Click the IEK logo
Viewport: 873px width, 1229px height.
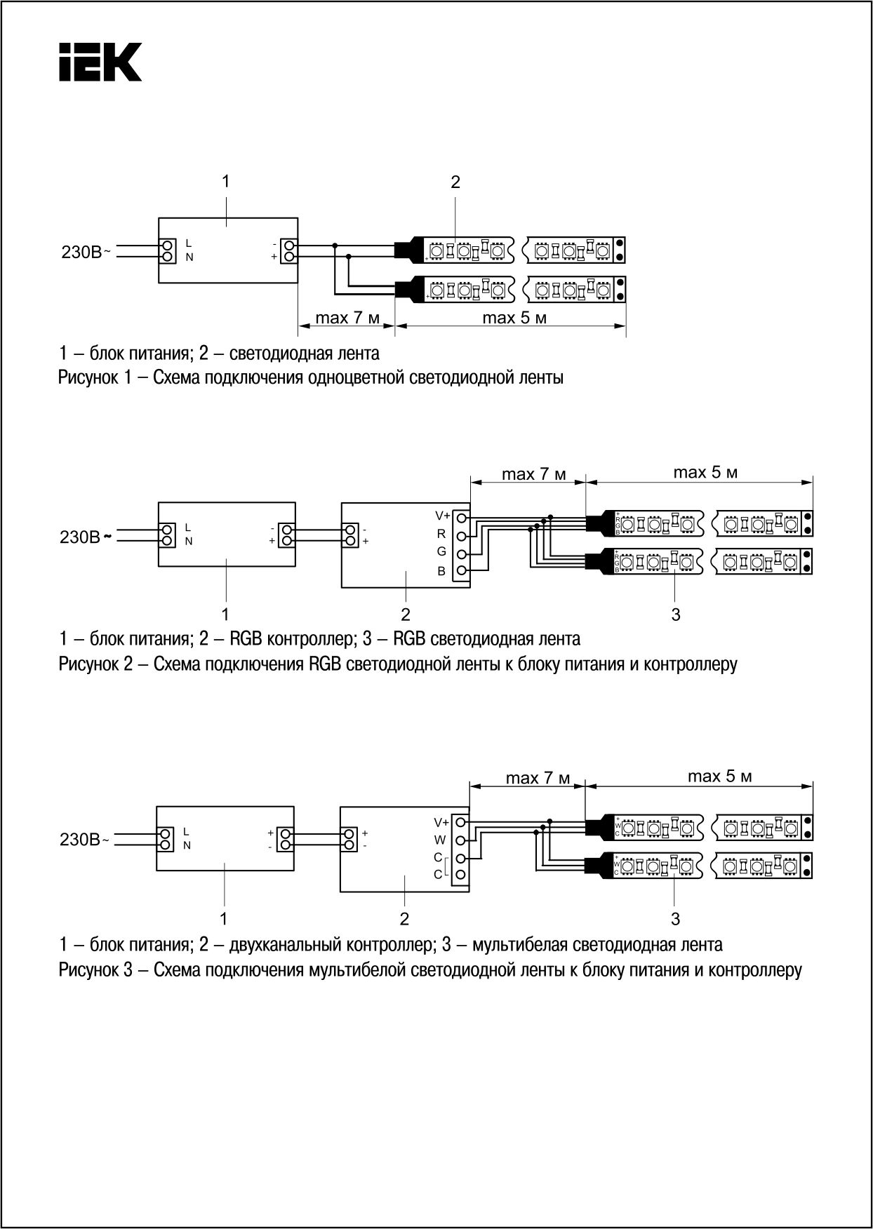click(100, 62)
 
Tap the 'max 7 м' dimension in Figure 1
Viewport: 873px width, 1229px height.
click(347, 318)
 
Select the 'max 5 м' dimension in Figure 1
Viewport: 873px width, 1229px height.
click(514, 318)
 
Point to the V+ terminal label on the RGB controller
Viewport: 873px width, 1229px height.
click(442, 516)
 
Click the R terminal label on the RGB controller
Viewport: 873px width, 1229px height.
click(441, 534)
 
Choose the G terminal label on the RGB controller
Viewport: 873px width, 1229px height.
click(441, 552)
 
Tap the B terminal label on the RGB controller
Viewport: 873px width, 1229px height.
click(441, 571)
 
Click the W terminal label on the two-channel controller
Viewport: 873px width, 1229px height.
click(440, 840)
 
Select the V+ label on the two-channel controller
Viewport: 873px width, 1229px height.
click(441, 821)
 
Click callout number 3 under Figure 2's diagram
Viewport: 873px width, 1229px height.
click(676, 614)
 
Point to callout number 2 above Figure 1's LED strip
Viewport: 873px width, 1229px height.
click(455, 182)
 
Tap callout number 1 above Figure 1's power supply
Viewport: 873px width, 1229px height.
click(225, 181)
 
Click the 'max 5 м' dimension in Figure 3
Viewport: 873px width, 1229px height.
click(720, 777)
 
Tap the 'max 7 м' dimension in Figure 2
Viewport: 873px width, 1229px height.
click(533, 474)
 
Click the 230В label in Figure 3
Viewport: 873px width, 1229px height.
click(82, 840)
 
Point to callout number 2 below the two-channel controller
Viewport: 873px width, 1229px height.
click(404, 918)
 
